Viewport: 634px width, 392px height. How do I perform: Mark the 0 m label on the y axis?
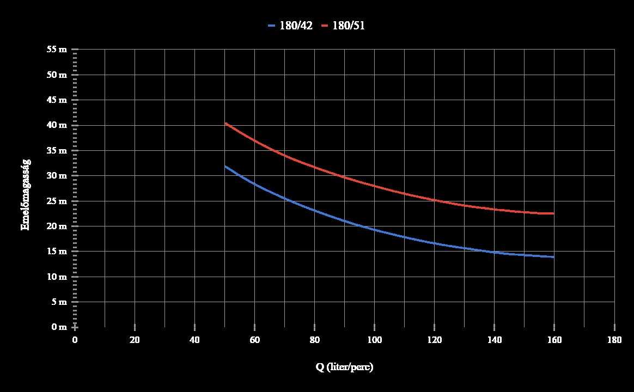(59, 327)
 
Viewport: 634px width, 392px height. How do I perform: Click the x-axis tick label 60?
(254, 340)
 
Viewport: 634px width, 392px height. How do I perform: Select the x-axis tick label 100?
(374, 340)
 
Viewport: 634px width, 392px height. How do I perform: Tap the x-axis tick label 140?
(494, 340)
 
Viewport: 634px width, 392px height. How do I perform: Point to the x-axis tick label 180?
(614, 340)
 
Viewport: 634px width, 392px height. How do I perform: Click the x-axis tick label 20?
(135, 340)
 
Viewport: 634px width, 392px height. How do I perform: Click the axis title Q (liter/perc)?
(344, 367)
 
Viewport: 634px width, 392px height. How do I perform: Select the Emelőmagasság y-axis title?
(26, 194)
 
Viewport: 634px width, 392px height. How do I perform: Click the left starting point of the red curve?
(225, 123)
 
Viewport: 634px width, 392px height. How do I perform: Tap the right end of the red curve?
(553, 213)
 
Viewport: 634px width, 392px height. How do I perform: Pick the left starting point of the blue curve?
(225, 166)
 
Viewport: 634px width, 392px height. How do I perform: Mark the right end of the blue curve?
(553, 257)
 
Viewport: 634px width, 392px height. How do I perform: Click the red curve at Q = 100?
(374, 186)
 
